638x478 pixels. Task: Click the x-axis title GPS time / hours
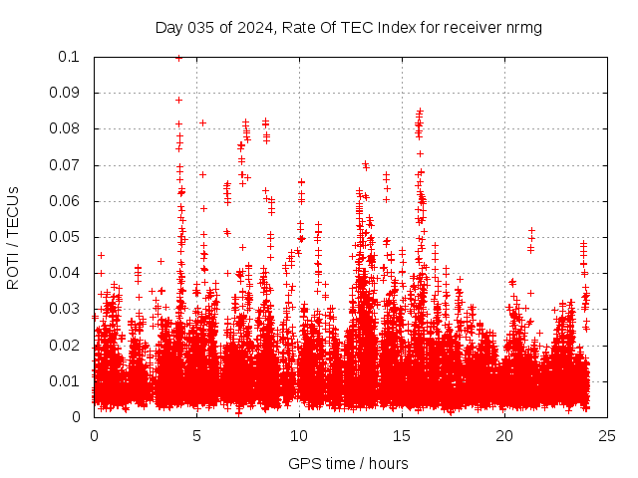tap(349, 463)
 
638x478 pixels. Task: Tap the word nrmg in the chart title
tap(522, 27)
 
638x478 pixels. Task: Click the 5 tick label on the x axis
tap(197, 435)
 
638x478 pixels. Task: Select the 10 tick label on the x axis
tap(299, 435)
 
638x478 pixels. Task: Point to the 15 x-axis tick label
tap(402, 435)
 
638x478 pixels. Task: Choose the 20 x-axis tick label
tap(504, 435)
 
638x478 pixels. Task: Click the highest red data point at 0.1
tap(178, 58)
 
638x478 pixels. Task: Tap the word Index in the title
tap(389, 27)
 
